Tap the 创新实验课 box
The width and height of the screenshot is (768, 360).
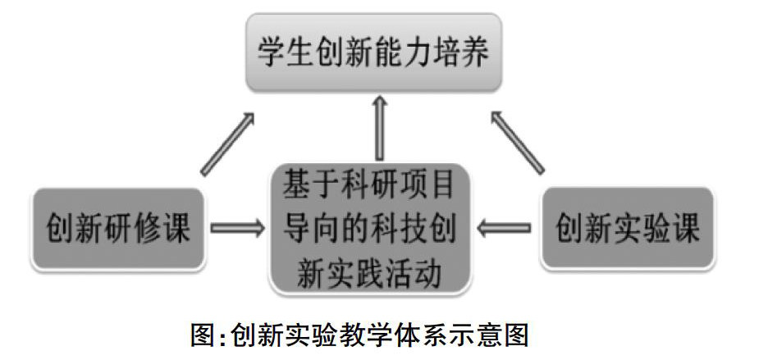(629, 227)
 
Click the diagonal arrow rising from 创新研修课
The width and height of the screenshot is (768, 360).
(228, 144)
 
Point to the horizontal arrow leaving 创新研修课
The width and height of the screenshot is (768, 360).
(238, 227)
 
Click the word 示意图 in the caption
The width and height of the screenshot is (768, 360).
(489, 336)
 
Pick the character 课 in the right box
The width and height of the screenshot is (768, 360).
(683, 227)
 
